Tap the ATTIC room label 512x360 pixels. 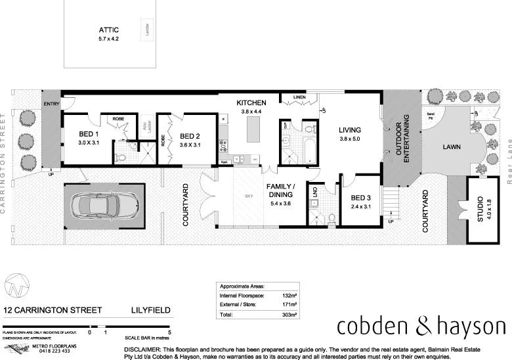click(109, 30)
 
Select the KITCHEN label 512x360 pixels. click(251, 103)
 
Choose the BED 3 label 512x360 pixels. click(361, 198)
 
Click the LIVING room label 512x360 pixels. click(349, 129)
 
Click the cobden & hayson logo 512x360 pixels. click(421, 326)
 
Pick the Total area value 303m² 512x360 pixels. click(289, 315)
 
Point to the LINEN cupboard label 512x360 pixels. click(299, 97)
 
